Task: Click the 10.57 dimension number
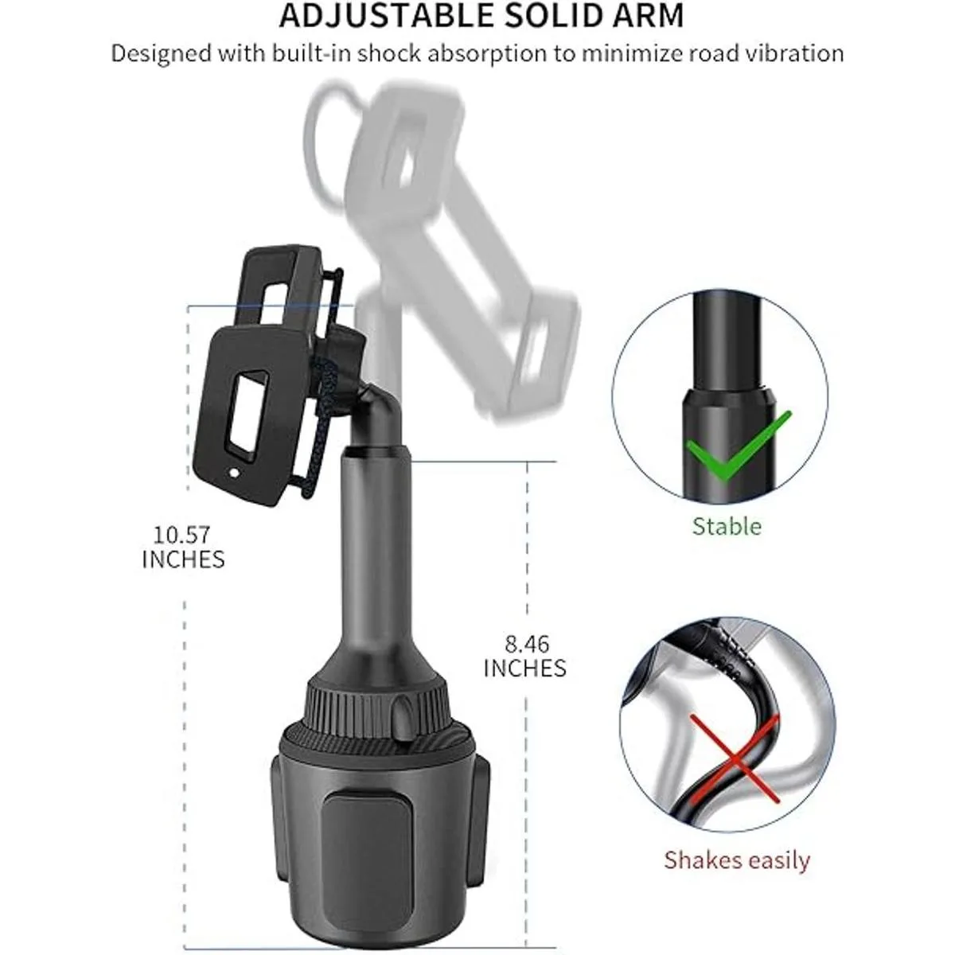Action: pyautogui.click(x=182, y=535)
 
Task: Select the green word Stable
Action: pyautogui.click(x=727, y=526)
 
